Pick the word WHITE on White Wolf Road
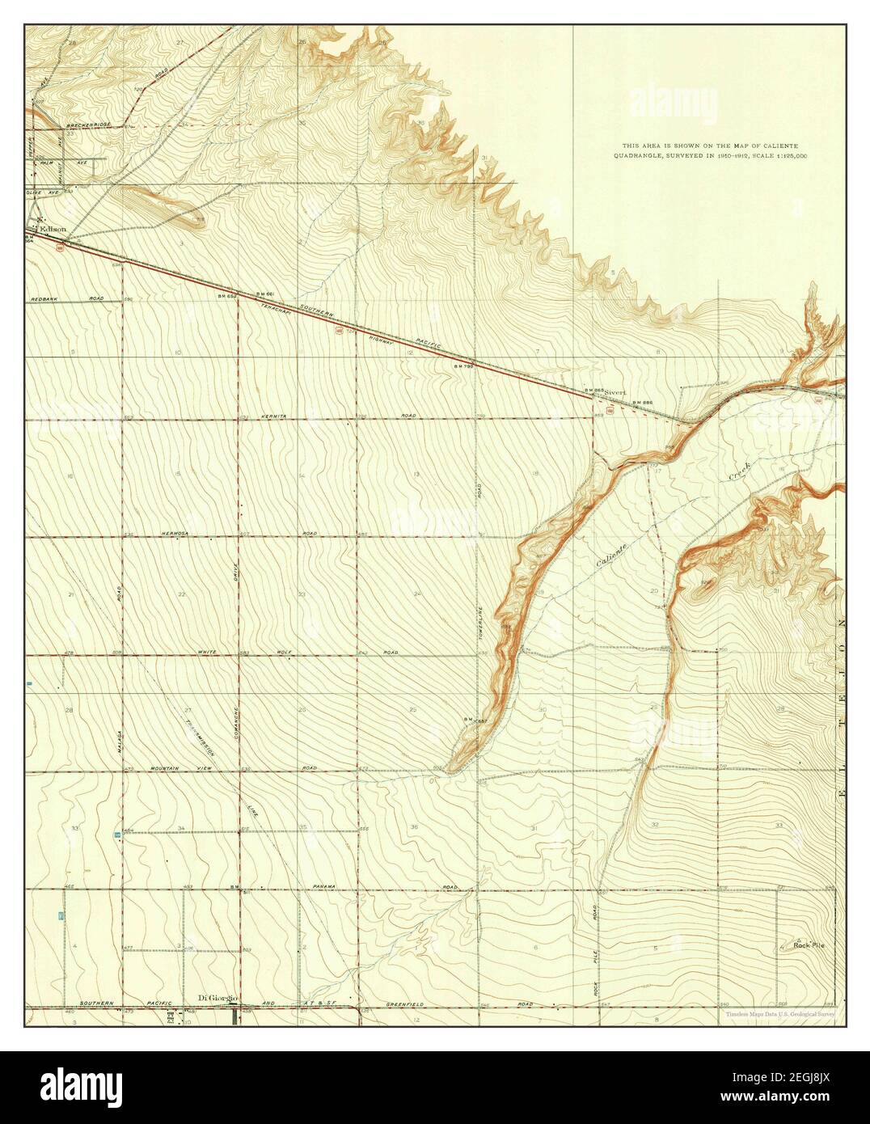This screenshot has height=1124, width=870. pyautogui.click(x=208, y=652)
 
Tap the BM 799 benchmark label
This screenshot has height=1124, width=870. pyautogui.click(x=462, y=366)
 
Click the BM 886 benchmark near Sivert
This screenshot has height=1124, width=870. pyautogui.click(x=642, y=402)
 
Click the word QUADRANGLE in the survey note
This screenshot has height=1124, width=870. pyautogui.click(x=644, y=154)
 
